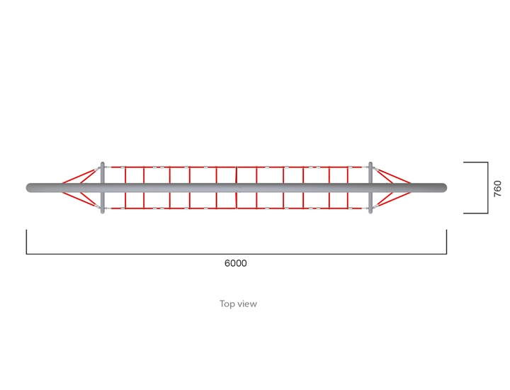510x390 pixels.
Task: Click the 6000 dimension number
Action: coord(235,263)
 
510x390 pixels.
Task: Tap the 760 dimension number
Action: coord(498,189)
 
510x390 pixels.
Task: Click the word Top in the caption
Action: coord(227,304)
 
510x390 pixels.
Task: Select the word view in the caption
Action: coord(247,304)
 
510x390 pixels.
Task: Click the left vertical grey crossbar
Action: coord(103,187)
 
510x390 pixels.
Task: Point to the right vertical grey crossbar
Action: coord(370,187)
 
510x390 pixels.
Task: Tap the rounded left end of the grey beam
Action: coord(28,188)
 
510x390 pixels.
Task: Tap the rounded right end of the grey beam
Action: coord(444,188)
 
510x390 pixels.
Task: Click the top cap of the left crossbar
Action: coord(103,163)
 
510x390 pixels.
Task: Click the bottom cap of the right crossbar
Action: coord(370,212)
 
